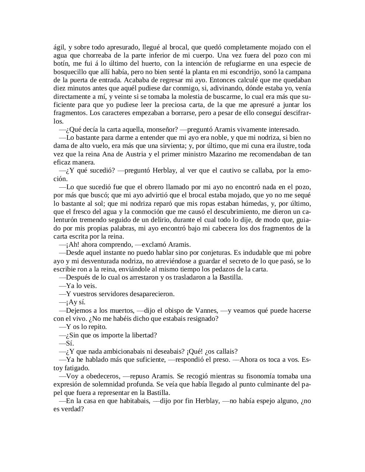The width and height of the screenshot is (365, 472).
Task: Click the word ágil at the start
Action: tap(59, 47)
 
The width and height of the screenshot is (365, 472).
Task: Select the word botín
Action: tap(61, 64)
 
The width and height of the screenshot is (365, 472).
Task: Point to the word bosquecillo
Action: tap(70, 72)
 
